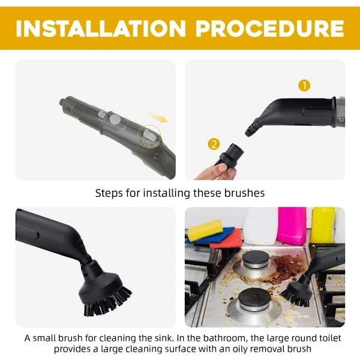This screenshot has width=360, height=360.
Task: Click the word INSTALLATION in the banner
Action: tap(101, 28)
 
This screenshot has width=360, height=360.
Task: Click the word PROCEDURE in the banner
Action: tap(270, 28)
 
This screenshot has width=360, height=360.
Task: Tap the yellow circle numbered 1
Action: tap(304, 86)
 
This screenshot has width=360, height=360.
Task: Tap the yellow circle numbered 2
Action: tap(214, 144)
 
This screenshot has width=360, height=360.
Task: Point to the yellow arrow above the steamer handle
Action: tap(158, 117)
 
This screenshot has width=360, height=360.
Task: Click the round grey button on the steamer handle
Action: tap(115, 119)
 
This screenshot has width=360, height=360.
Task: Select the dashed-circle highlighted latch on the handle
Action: tap(149, 138)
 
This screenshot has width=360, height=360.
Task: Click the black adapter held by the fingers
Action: tap(230, 155)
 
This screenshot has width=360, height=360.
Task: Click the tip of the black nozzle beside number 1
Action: tap(248, 133)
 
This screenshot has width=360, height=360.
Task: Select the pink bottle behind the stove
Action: tap(292, 226)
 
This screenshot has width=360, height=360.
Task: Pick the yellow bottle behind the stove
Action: tap(323, 225)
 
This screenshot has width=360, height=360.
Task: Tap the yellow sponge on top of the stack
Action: tap(205, 230)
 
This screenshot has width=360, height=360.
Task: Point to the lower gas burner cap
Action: tap(254, 298)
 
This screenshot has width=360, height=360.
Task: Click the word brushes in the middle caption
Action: tap(244, 193)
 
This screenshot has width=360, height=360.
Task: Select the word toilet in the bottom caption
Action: tap(330, 338)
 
